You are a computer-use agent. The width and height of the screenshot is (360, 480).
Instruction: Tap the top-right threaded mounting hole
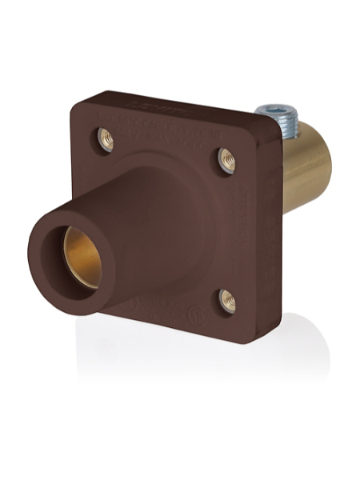click(226, 159)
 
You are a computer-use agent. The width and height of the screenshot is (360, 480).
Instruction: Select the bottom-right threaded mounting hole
click(227, 301)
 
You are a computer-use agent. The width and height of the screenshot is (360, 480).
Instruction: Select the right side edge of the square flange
click(272, 240)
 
